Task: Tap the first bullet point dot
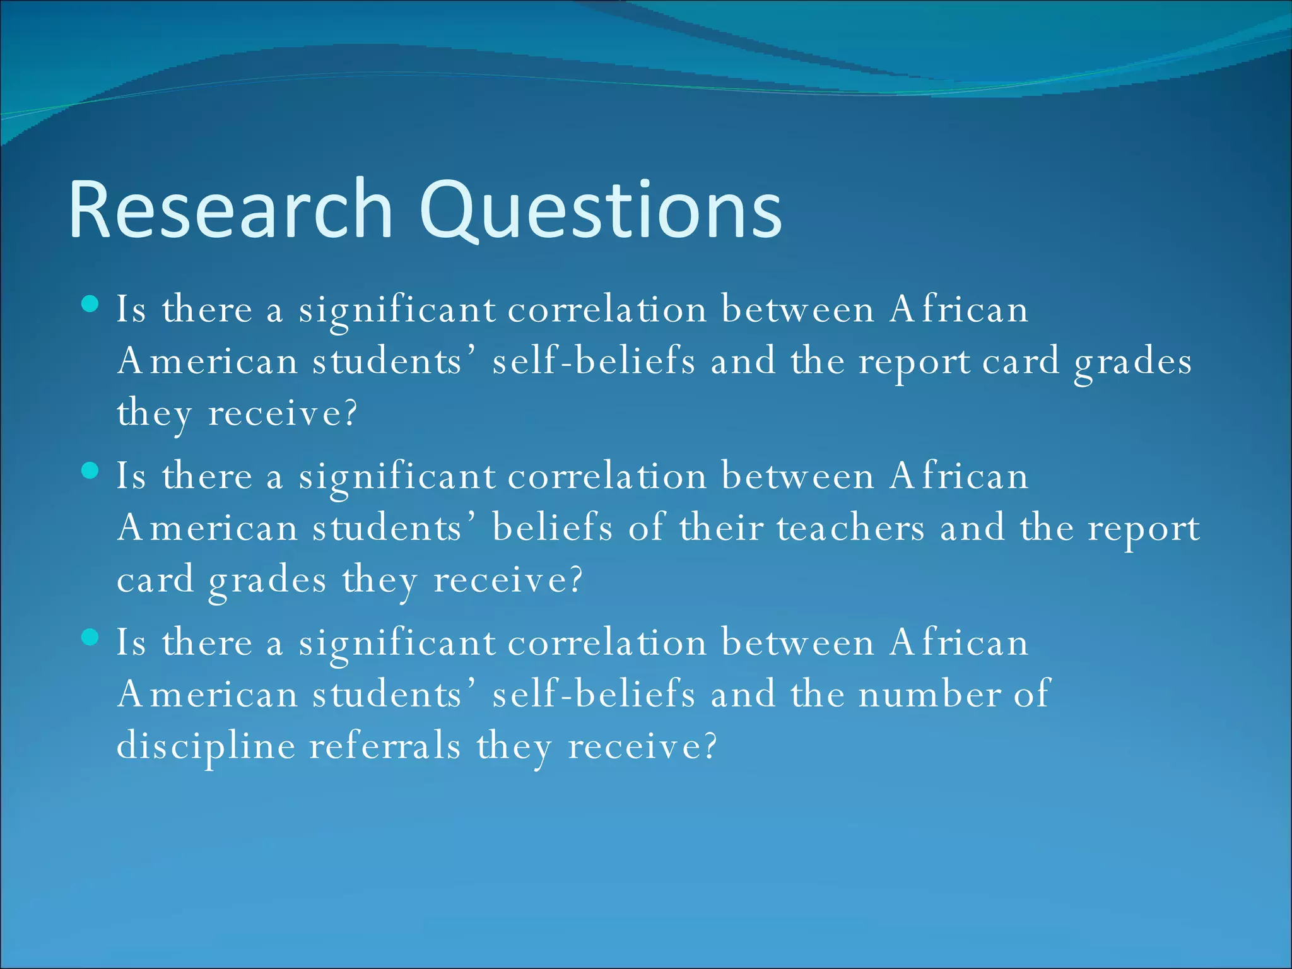tap(91, 305)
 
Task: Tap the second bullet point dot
tap(91, 471)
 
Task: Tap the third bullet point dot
tap(91, 638)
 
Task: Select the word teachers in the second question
tap(850, 528)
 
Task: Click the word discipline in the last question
tap(206, 746)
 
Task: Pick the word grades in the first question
tap(1132, 363)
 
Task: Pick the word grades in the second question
tap(267, 581)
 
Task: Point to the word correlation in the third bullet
tap(607, 643)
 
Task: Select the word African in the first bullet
tap(958, 310)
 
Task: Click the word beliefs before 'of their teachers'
tap(552, 528)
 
